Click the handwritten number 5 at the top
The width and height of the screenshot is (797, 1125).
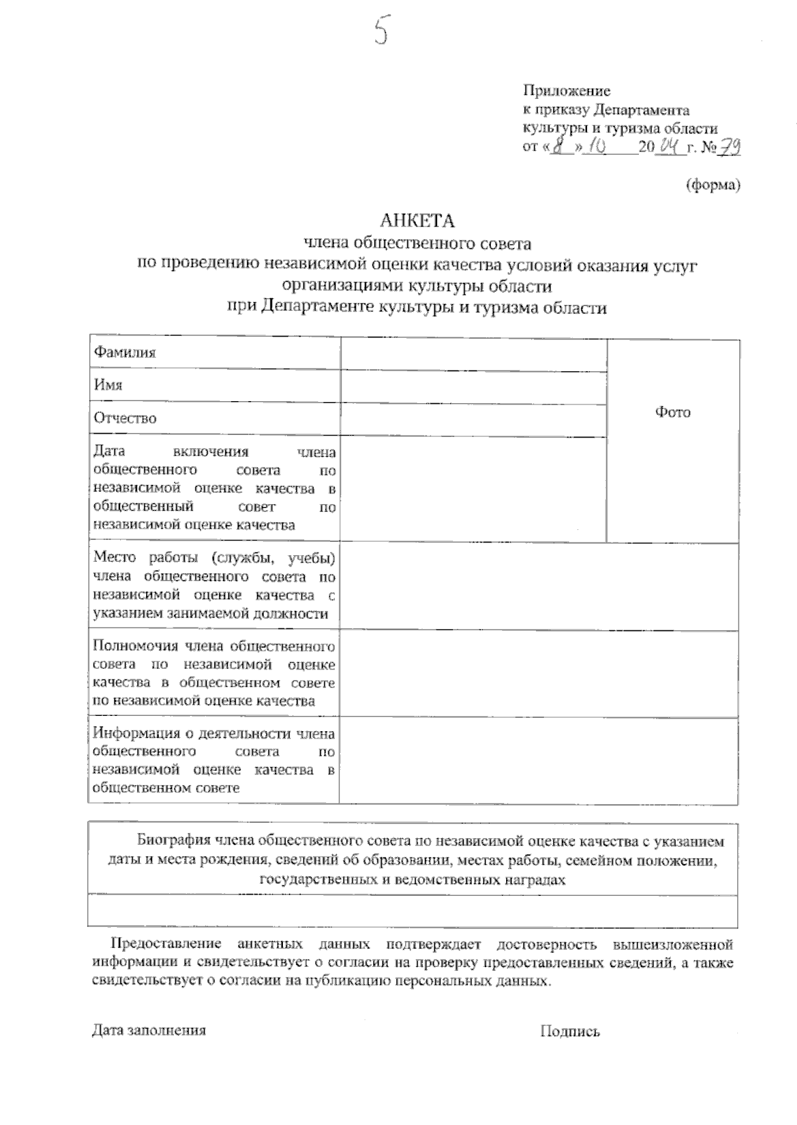(381, 31)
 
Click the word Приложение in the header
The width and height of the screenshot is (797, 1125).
(567, 91)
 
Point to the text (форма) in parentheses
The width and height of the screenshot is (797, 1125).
(713, 185)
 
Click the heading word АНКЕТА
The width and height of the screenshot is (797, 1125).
(417, 220)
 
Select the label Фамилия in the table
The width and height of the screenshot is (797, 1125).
(125, 353)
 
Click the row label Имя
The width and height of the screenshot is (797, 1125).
(108, 385)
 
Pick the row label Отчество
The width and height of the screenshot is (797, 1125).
(125, 418)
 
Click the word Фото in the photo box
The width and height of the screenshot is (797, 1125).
(673, 412)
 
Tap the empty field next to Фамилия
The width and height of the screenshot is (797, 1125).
(473, 354)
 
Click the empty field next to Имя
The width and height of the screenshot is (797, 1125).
(473, 387)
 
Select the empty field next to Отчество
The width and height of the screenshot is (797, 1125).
(473, 420)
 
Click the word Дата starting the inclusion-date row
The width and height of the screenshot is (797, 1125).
(109, 452)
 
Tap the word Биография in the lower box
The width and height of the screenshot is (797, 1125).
(171, 841)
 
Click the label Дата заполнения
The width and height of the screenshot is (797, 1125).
(149, 1031)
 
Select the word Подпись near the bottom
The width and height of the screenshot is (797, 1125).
(570, 1031)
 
